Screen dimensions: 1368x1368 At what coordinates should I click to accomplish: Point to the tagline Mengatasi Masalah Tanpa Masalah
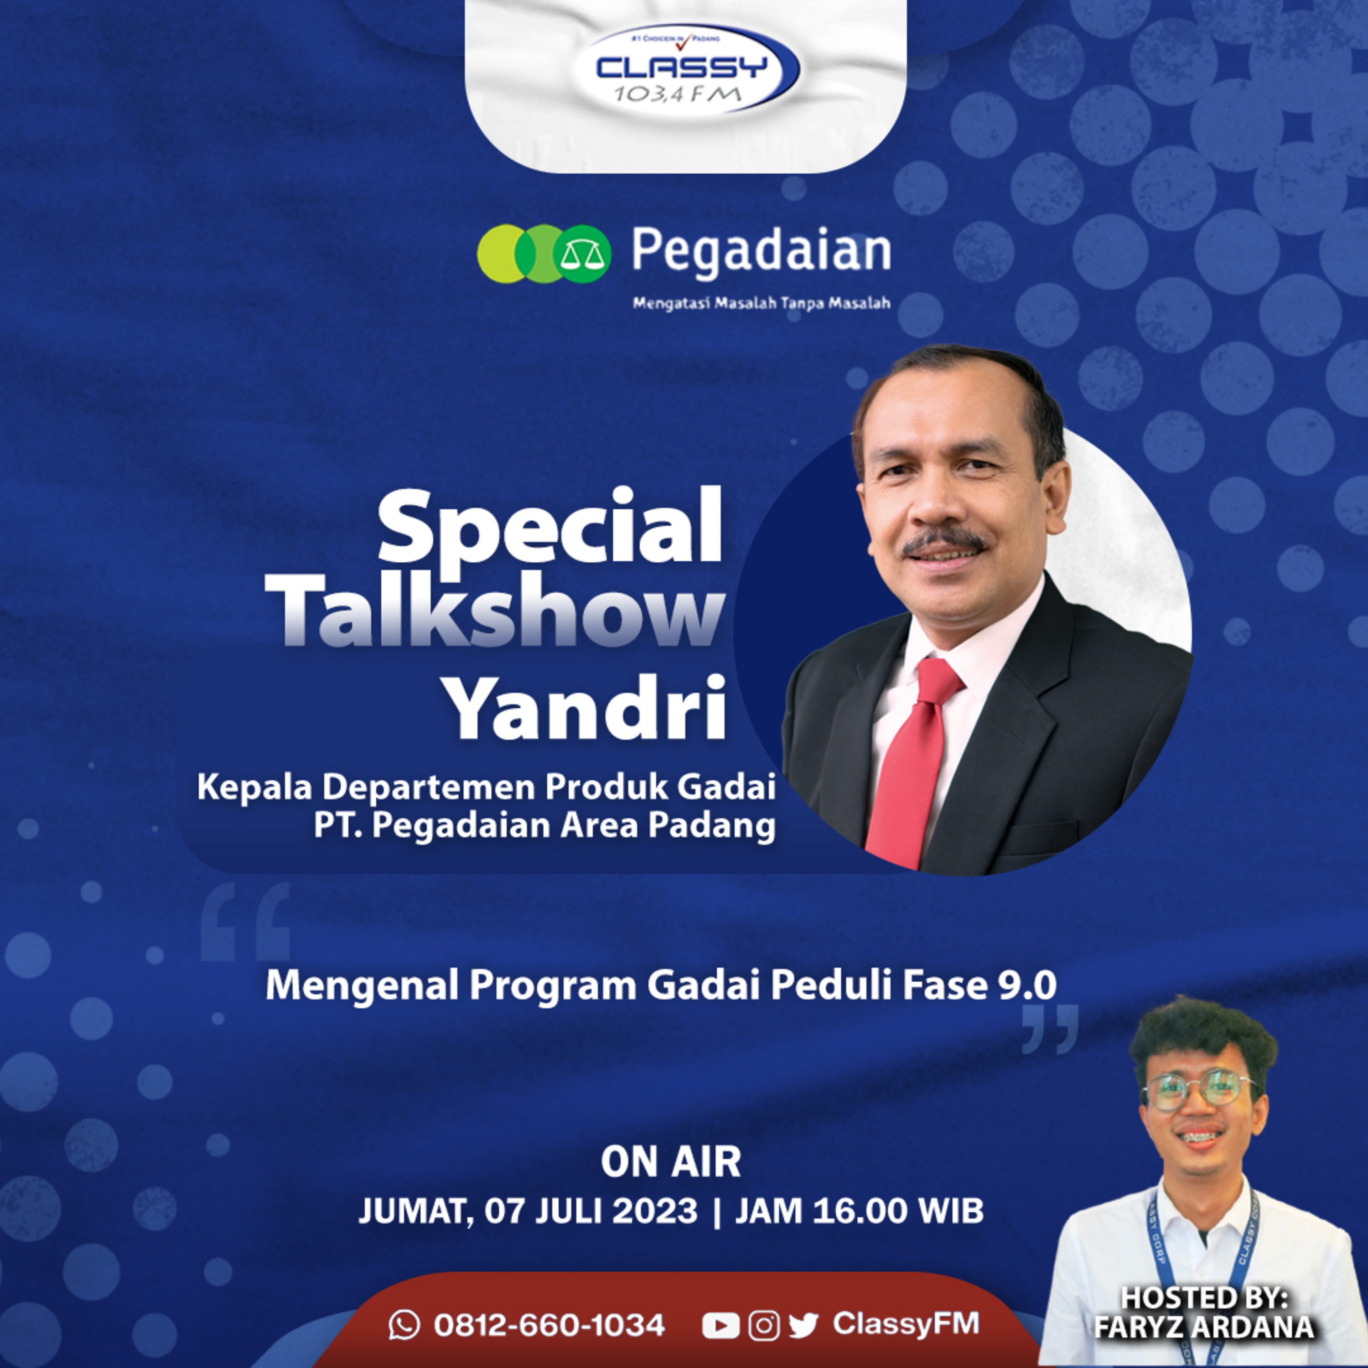point(761,303)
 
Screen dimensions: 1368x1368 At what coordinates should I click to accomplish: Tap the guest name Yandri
point(588,706)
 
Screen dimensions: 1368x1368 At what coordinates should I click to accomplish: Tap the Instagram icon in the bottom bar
point(764,1326)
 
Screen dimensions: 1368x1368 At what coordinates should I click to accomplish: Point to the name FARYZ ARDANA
point(1204,1327)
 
